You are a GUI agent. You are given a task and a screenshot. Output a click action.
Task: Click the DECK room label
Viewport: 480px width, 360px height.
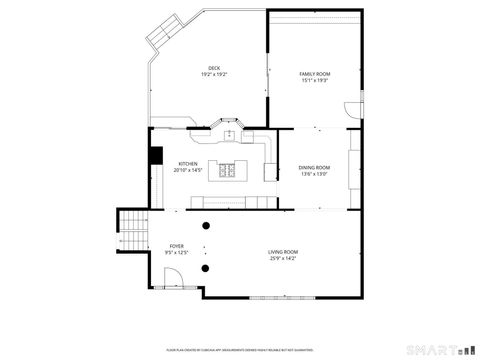click(x=214, y=68)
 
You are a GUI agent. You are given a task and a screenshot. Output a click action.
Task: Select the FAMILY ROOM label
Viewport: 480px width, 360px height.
click(x=315, y=74)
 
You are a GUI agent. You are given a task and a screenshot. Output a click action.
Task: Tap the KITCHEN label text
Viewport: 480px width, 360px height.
click(x=188, y=163)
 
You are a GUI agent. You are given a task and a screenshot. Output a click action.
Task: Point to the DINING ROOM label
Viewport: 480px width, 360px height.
click(x=314, y=167)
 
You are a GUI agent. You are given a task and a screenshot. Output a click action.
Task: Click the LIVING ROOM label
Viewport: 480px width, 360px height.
click(x=283, y=251)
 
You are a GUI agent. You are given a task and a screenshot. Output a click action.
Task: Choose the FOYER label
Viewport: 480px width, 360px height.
click(x=176, y=245)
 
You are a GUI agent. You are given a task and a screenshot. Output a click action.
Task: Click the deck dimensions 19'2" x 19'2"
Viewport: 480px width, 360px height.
click(x=214, y=75)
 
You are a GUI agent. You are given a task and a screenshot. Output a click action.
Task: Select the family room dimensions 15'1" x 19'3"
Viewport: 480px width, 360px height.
click(x=315, y=81)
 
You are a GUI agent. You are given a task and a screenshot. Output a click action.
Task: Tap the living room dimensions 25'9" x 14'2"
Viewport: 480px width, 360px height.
click(x=283, y=258)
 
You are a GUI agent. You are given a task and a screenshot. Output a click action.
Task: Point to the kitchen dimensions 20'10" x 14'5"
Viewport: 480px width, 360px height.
click(x=188, y=170)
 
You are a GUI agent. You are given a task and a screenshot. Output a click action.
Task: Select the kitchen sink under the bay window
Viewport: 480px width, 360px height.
click(x=229, y=133)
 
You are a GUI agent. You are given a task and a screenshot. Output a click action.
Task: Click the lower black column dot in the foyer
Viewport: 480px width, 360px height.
click(x=205, y=267)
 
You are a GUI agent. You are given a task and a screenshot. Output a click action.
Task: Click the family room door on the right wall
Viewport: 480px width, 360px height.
click(x=351, y=109)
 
